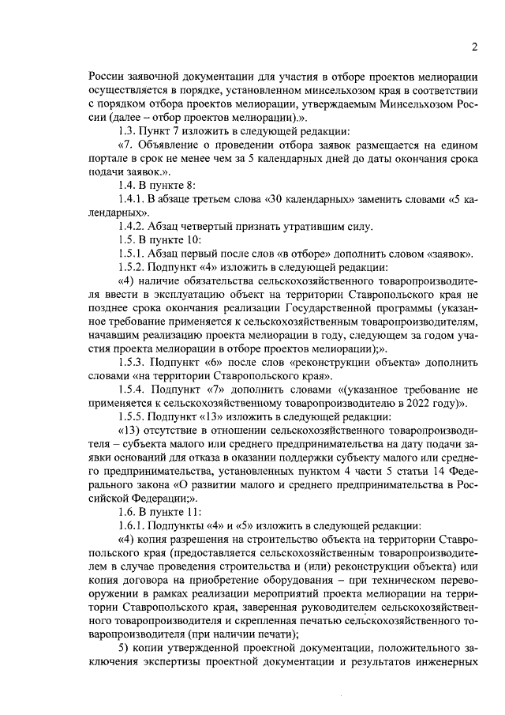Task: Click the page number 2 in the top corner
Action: point(475,46)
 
